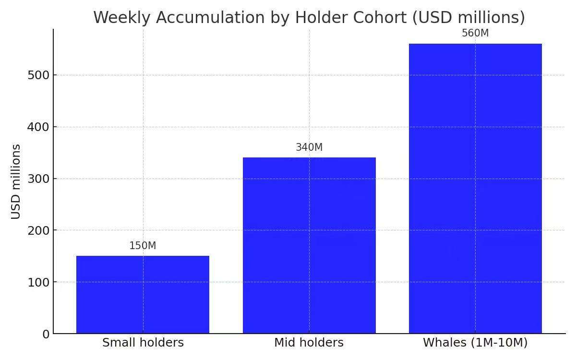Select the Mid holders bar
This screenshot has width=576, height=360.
tap(309, 245)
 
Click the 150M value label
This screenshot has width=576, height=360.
tap(143, 246)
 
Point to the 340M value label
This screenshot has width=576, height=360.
tap(309, 147)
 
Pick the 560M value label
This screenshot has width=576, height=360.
tap(475, 33)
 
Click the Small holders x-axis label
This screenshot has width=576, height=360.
tap(143, 343)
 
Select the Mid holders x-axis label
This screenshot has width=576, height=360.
tap(309, 343)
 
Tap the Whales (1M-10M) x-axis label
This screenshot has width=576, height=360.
tap(475, 343)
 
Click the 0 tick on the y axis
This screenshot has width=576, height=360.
tap(46, 334)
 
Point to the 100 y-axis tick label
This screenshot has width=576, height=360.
tap(39, 282)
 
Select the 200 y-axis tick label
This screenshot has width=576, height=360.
tap(39, 230)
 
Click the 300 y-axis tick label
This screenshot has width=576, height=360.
tap(39, 179)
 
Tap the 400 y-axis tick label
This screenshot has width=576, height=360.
tap(39, 127)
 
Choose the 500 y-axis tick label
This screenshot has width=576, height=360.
tap(39, 75)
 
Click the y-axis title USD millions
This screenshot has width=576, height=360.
tap(16, 181)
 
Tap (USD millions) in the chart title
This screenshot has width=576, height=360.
tap(469, 17)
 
